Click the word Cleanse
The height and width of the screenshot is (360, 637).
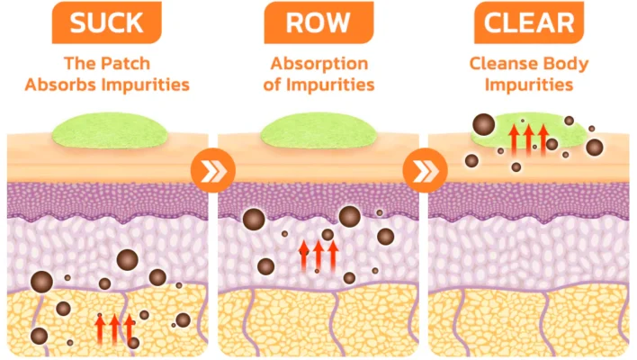pos(502,65)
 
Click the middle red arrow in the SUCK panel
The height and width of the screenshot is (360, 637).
pos(115,328)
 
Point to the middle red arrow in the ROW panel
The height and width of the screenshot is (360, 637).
pos(318,255)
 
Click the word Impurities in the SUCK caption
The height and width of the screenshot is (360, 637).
pos(150,85)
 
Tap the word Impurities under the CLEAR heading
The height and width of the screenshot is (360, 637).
pos(528,85)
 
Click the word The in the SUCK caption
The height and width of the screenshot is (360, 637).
pos(79,65)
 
